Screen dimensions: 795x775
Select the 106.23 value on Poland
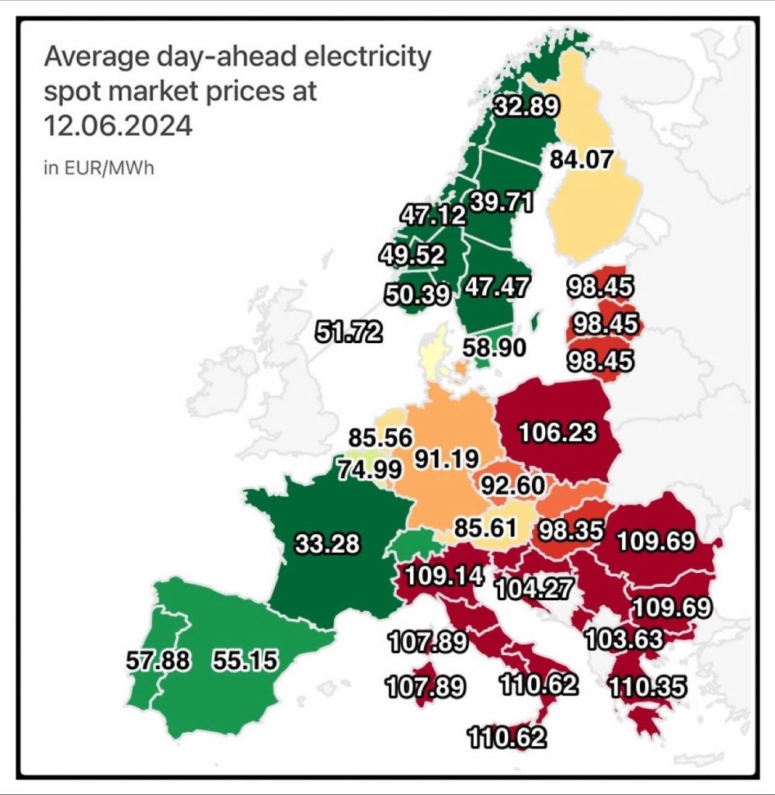coord(558,432)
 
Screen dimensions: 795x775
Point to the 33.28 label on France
coord(328,544)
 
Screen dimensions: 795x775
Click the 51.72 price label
coord(349,332)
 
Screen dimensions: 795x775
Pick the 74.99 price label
coord(369,469)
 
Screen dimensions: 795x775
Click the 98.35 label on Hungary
coord(571,532)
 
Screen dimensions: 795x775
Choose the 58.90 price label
coord(495,348)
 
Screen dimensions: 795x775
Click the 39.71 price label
coord(502,203)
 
